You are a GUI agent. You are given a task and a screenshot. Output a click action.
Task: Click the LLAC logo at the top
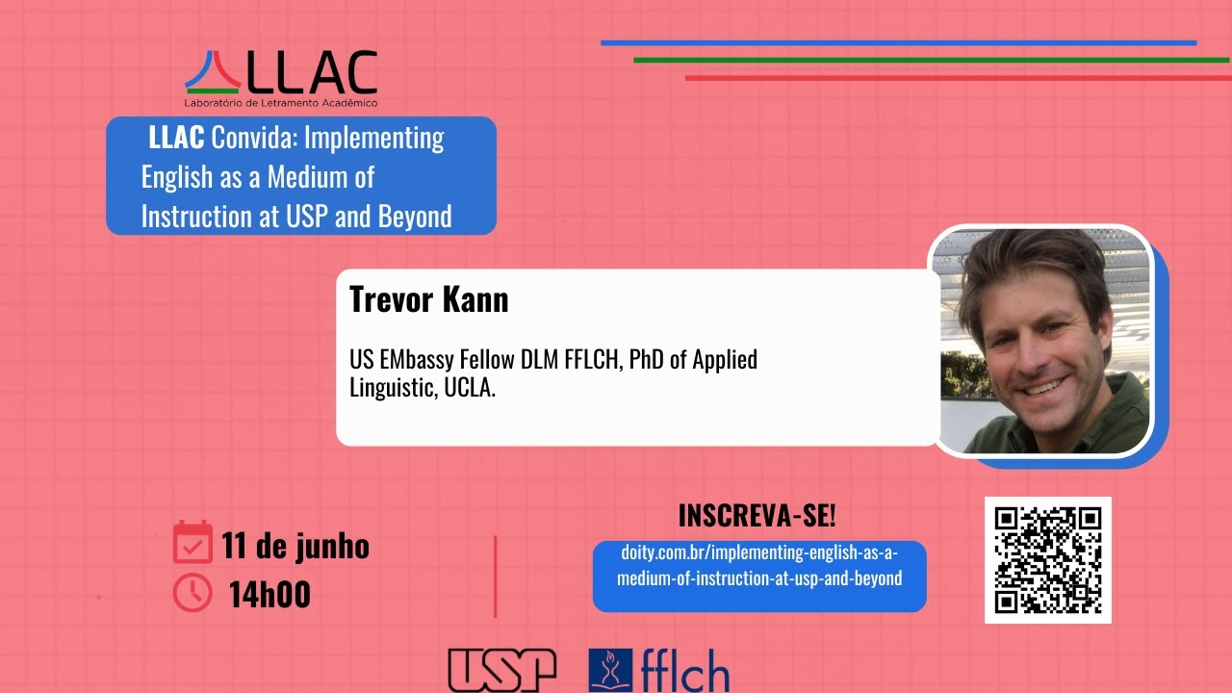[x=281, y=73]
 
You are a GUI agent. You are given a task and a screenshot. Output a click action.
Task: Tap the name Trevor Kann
[x=428, y=299]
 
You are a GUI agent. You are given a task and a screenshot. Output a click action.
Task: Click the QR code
[x=1048, y=560]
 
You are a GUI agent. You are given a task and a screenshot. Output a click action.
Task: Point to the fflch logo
[x=659, y=670]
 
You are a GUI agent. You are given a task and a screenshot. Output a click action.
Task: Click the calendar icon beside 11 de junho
[x=192, y=542]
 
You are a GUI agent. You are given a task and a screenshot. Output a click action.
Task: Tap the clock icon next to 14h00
[x=192, y=593]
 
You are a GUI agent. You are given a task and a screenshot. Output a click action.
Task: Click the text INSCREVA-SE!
[x=757, y=516]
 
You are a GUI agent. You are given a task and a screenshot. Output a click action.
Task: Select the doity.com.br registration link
[x=758, y=566]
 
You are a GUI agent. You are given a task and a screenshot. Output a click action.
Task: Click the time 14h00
[x=269, y=595]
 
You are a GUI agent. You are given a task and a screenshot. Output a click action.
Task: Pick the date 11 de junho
[x=295, y=546]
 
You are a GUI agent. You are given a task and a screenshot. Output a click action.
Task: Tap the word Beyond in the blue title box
[x=415, y=217]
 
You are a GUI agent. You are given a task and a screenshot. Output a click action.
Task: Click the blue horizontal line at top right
[x=898, y=43]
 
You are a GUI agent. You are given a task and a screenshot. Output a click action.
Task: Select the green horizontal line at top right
[x=931, y=60]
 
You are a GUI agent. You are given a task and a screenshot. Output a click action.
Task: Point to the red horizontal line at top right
[x=958, y=78]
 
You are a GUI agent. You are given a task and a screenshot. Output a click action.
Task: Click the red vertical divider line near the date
[x=495, y=576]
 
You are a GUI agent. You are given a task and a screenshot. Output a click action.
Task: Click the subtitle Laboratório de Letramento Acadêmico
[x=281, y=103]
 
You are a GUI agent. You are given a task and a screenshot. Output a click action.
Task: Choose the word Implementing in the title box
[x=374, y=139]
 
